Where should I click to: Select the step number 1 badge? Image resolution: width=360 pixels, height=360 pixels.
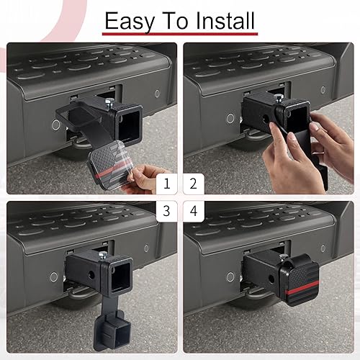click(167, 184)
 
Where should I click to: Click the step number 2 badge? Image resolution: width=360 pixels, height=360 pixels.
click(192, 184)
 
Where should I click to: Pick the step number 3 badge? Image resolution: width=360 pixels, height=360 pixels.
click(167, 210)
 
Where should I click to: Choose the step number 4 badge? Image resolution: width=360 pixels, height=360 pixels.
click(192, 210)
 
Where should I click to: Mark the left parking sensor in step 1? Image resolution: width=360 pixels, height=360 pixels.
click(55, 124)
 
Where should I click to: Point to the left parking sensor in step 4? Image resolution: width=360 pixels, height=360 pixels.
click(230, 276)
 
